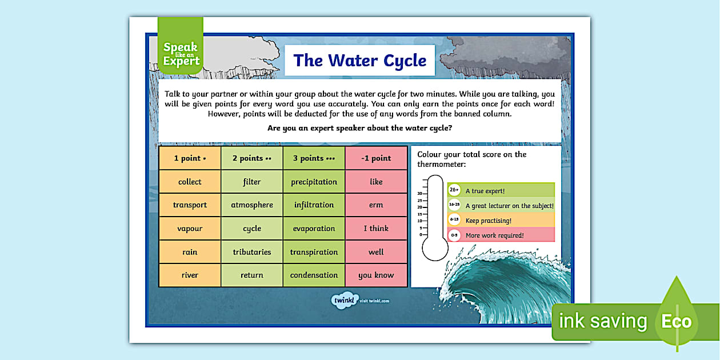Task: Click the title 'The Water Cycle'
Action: (359, 61)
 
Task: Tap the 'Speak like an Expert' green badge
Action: (181, 54)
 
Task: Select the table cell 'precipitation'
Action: (314, 182)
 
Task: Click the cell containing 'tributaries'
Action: (251, 252)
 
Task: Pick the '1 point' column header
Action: (190, 158)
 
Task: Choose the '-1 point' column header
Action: (376, 158)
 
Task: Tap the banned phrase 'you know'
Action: (376, 275)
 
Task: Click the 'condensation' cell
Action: (314, 275)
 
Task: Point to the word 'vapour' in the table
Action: (190, 229)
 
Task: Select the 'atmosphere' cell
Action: (251, 205)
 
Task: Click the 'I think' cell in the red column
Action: (376, 229)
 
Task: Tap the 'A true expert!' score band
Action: (501, 191)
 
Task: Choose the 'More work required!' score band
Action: (501, 235)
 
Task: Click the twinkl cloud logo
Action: (343, 300)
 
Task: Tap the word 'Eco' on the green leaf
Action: (677, 321)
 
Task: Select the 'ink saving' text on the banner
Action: (603, 321)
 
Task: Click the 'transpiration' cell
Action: (314, 252)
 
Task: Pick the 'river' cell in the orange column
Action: (190, 275)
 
